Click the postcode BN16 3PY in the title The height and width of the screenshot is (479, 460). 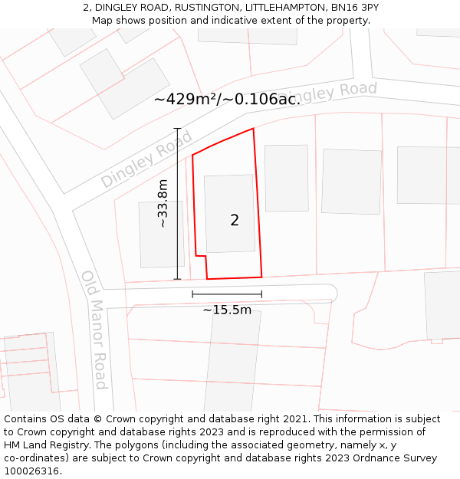354,8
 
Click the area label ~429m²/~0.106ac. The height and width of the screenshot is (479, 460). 227,99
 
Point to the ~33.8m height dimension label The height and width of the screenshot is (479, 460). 163,204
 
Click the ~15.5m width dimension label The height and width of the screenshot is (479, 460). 227,310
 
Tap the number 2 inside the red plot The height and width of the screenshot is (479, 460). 235,221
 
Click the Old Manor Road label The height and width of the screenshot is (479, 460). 94,330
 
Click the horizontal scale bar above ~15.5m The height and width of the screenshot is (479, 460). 227,294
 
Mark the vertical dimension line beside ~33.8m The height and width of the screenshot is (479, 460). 177,204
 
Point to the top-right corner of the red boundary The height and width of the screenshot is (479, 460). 253,129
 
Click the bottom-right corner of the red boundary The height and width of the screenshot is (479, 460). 261,277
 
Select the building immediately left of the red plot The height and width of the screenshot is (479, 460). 161,235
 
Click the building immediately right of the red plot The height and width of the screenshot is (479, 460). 286,178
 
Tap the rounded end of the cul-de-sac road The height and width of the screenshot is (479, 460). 330,292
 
